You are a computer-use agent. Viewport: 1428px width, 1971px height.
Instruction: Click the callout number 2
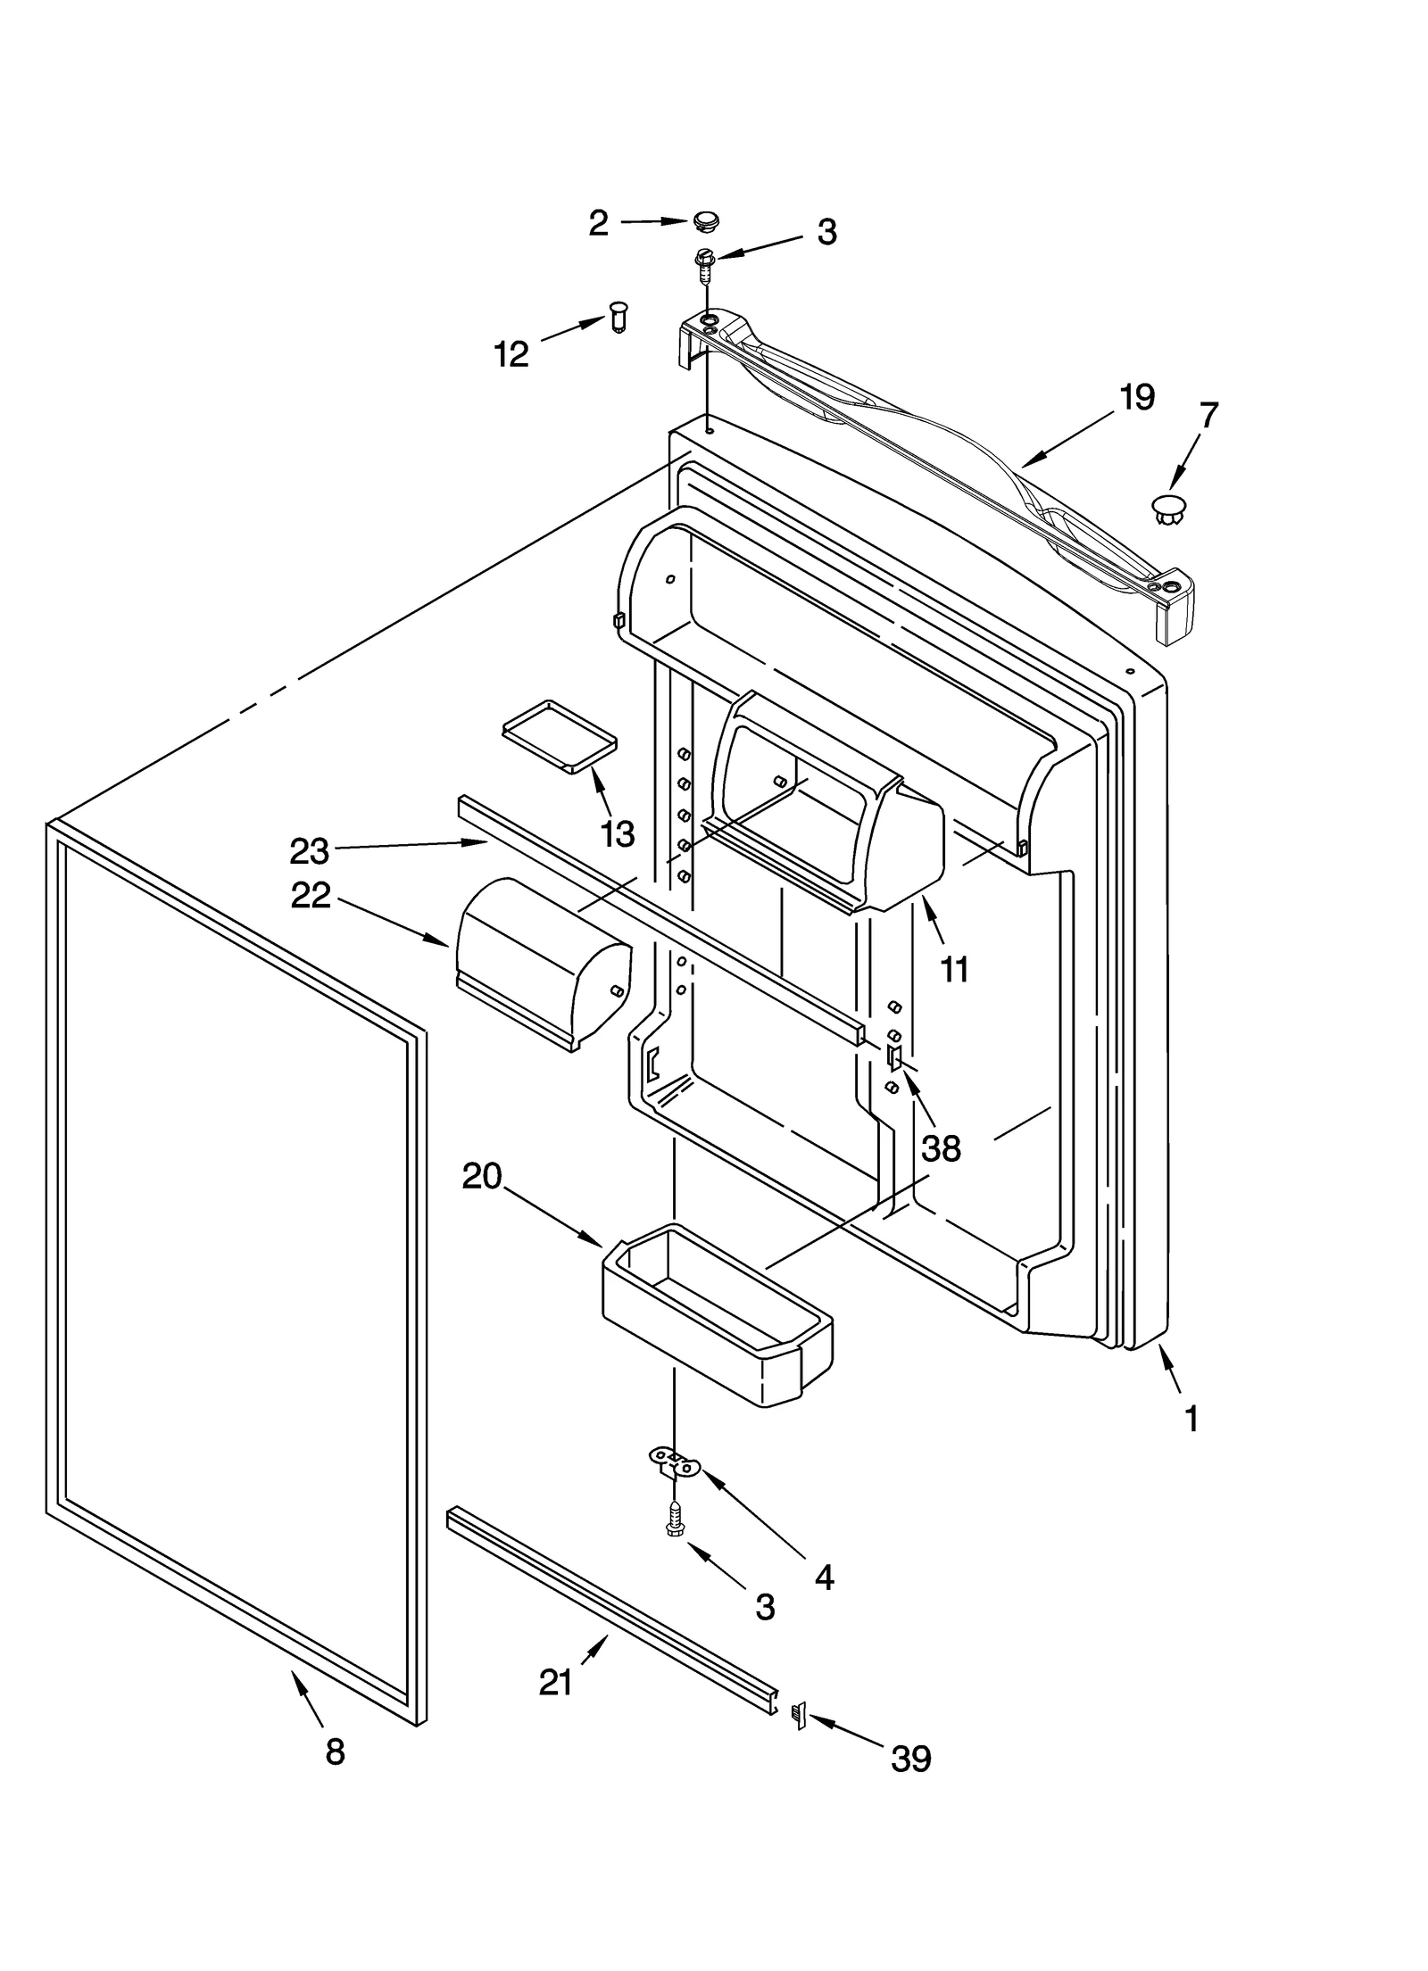[x=598, y=222]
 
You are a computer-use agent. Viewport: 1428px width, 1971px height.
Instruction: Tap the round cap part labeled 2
[x=706, y=219]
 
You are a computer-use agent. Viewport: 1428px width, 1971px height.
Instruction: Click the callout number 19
[x=1136, y=397]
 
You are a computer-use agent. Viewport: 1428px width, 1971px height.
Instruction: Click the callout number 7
[x=1208, y=416]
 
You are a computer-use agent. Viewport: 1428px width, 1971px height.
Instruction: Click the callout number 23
[x=309, y=851]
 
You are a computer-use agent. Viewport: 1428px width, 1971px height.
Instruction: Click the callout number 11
[x=954, y=968]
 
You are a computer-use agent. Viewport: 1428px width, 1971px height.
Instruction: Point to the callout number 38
[x=941, y=1148]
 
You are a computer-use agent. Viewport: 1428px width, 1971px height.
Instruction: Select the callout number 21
[x=555, y=1682]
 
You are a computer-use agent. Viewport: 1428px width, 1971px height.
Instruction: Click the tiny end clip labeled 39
[x=799, y=1715]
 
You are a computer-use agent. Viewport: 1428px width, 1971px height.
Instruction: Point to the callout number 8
[x=335, y=1752]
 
